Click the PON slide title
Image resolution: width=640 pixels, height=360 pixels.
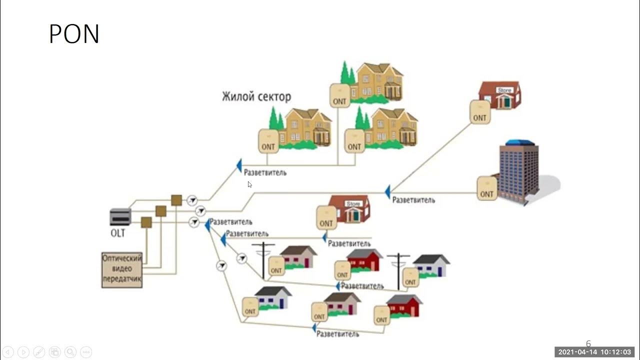point(74,34)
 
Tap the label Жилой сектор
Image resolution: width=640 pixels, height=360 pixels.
point(256,96)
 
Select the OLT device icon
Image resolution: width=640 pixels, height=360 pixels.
point(120,216)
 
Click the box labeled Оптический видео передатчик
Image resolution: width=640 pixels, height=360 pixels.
point(122,269)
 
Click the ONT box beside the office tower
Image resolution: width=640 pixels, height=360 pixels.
point(486,188)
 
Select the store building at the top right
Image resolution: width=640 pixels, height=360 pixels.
point(499,95)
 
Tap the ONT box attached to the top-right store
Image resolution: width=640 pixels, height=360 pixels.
point(479,112)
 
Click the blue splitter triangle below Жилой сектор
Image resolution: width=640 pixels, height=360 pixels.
point(239,165)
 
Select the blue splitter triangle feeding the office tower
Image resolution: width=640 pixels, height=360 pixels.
point(387,191)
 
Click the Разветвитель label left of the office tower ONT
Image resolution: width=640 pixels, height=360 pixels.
point(413,200)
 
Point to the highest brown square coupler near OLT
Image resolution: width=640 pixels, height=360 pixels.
point(176,200)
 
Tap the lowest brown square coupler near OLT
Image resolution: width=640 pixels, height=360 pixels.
point(146,222)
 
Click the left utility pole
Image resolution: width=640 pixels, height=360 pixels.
point(263,259)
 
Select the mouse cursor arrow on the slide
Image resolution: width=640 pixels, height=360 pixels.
point(249,184)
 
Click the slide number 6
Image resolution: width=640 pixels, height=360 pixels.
point(588,343)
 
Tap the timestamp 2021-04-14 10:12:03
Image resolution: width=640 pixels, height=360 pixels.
point(594,352)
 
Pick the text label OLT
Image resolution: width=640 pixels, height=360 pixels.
point(117,233)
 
